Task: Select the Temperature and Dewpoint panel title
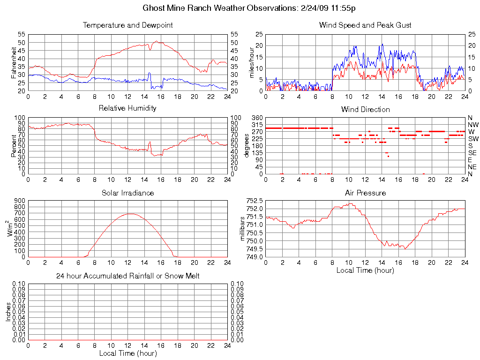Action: coord(127,25)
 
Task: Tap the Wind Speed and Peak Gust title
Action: coord(365,25)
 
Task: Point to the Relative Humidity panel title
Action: coord(127,108)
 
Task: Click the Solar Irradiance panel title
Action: coord(127,193)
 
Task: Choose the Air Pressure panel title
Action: coord(365,193)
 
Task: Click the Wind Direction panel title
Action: coord(365,109)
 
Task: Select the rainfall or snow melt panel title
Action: coord(127,276)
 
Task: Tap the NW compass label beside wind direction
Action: coord(473,125)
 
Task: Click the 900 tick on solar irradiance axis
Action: coord(19,201)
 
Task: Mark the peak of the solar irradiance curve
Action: coord(129,214)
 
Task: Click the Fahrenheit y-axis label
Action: coord(14,63)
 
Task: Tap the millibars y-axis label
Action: coord(243,228)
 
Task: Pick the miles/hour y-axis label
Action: coord(251,63)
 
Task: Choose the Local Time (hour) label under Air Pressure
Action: coord(365,270)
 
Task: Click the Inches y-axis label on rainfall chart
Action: coord(8,312)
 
